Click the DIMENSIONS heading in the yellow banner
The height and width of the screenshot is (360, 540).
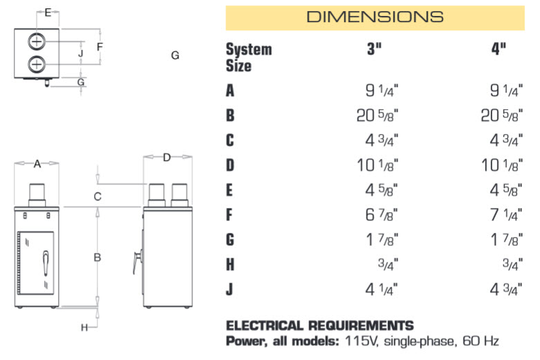click(375, 17)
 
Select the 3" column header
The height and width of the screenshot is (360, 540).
click(374, 49)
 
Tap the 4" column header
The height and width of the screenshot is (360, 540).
click(499, 49)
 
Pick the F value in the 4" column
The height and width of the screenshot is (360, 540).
click(506, 215)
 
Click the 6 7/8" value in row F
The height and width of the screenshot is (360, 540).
click(382, 215)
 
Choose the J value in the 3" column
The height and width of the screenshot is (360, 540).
click(382, 290)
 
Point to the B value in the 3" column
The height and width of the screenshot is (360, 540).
click(378, 115)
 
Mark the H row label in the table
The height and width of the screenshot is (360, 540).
click(230, 265)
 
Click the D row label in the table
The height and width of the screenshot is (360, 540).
click(230, 165)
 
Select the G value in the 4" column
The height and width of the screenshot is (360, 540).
click(506, 240)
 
